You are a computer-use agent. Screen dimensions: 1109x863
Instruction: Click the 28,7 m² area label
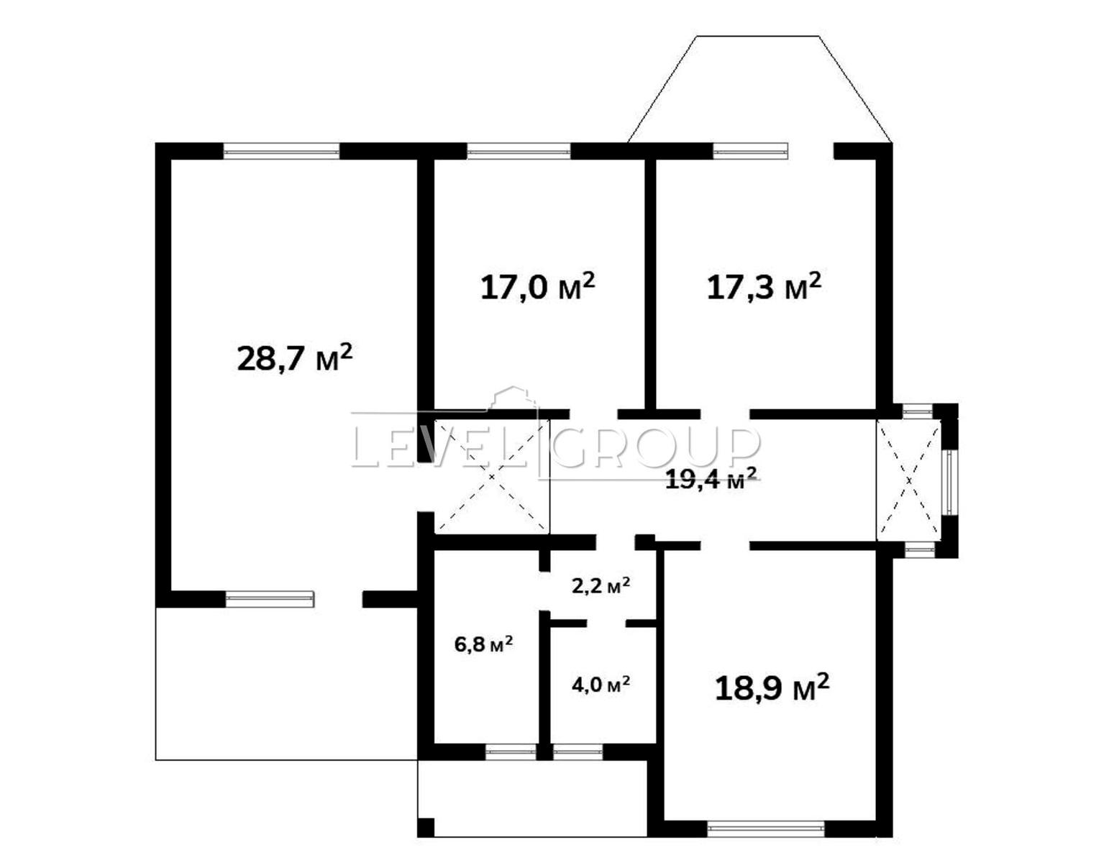click(x=294, y=357)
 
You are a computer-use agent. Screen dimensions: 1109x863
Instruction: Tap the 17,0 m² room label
click(x=538, y=287)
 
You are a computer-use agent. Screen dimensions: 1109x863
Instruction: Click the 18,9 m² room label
click(x=772, y=688)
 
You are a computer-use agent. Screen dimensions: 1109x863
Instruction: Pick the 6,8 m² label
click(x=483, y=644)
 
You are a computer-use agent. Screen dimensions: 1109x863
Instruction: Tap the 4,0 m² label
click(x=601, y=685)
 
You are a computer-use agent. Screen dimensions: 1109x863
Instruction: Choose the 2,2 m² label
click(x=601, y=585)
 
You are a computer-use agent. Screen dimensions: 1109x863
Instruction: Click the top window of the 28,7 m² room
click(x=281, y=151)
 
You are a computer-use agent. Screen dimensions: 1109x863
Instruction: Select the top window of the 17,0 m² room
click(x=519, y=151)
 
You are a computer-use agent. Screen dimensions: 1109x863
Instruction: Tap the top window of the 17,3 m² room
click(x=750, y=151)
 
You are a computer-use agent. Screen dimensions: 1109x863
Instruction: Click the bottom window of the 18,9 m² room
click(x=765, y=828)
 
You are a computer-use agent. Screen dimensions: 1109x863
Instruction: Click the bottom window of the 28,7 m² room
click(x=270, y=598)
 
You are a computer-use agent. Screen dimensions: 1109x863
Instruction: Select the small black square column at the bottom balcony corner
click(x=426, y=827)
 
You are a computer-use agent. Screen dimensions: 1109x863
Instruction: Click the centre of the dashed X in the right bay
click(x=909, y=480)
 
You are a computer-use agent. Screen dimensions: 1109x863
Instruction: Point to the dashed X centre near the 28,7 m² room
click(x=491, y=477)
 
